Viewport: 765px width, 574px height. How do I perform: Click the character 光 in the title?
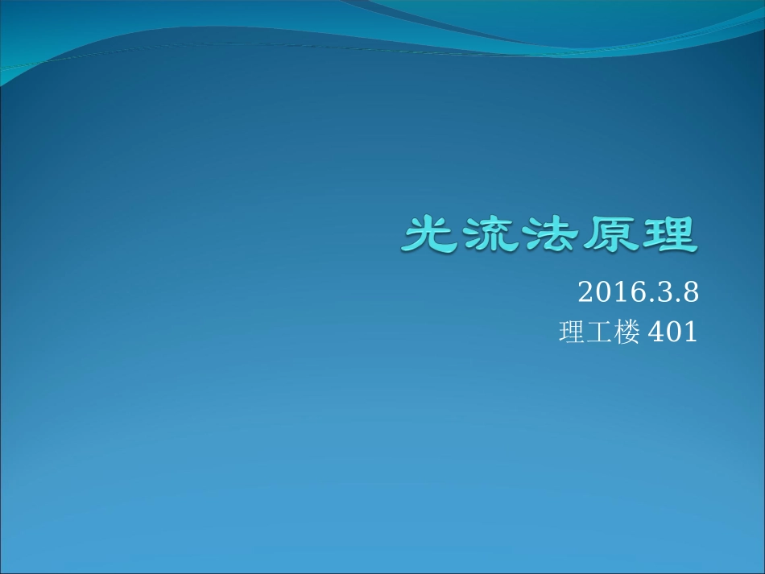click(x=430, y=233)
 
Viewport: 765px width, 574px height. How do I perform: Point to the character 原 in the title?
click(x=607, y=233)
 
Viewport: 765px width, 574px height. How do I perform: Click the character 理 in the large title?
click(x=666, y=233)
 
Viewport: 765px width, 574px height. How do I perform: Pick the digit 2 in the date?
click(x=586, y=292)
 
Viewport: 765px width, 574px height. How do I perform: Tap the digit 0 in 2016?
click(x=603, y=292)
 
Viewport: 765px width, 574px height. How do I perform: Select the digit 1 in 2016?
click(x=620, y=292)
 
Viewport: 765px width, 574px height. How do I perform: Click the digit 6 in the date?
click(x=636, y=292)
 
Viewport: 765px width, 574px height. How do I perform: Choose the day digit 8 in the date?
click(x=688, y=292)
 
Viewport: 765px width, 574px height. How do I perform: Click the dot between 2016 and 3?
click(x=647, y=299)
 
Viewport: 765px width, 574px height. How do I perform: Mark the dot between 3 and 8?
click(x=674, y=299)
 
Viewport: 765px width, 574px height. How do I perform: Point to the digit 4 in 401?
click(x=655, y=332)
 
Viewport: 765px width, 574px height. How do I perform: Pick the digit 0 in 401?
click(x=672, y=332)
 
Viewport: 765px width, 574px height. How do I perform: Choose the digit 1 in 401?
click(x=689, y=332)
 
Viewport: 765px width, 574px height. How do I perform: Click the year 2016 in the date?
click(x=611, y=292)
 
